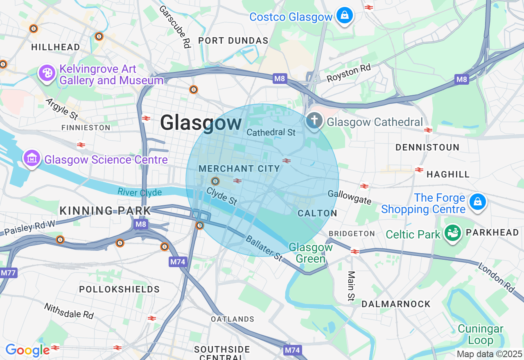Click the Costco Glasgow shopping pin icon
(x=344, y=16)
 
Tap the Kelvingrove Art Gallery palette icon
(x=47, y=74)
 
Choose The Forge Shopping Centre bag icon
(x=477, y=202)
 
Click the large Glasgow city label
(x=201, y=123)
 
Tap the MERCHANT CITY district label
(x=239, y=169)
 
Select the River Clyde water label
(x=140, y=192)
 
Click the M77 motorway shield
(x=9, y=272)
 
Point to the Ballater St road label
(x=264, y=248)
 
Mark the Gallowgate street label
(x=350, y=197)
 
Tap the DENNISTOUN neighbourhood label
(x=427, y=147)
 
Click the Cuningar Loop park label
(x=481, y=335)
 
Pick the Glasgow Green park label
(x=311, y=253)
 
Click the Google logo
(x=27, y=350)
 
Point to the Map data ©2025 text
(x=489, y=354)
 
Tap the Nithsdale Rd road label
(x=69, y=311)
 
